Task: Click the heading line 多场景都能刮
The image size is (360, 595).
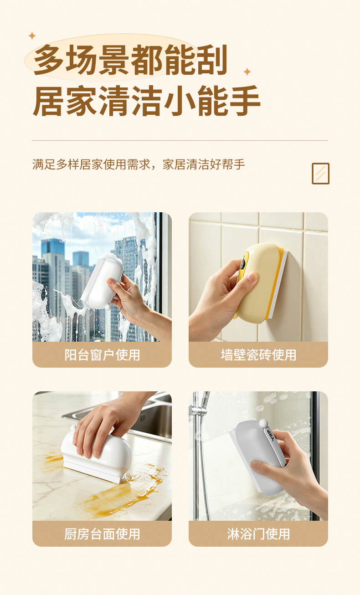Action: [x=131, y=60]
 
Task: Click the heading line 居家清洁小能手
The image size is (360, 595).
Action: [x=147, y=101]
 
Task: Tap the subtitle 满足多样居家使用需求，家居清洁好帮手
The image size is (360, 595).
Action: [x=139, y=164]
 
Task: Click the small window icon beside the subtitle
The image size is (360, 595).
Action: [x=320, y=174]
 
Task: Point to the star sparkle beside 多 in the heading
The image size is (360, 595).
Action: [x=32, y=36]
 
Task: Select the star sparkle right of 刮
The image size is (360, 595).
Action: [x=247, y=72]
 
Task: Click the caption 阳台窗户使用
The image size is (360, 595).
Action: [x=102, y=355]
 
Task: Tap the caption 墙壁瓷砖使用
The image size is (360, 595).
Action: [x=258, y=355]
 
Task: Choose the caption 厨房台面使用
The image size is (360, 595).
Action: [x=102, y=534]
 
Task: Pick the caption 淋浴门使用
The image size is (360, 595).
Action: [x=258, y=534]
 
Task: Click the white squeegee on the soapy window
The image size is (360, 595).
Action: [x=102, y=282]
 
